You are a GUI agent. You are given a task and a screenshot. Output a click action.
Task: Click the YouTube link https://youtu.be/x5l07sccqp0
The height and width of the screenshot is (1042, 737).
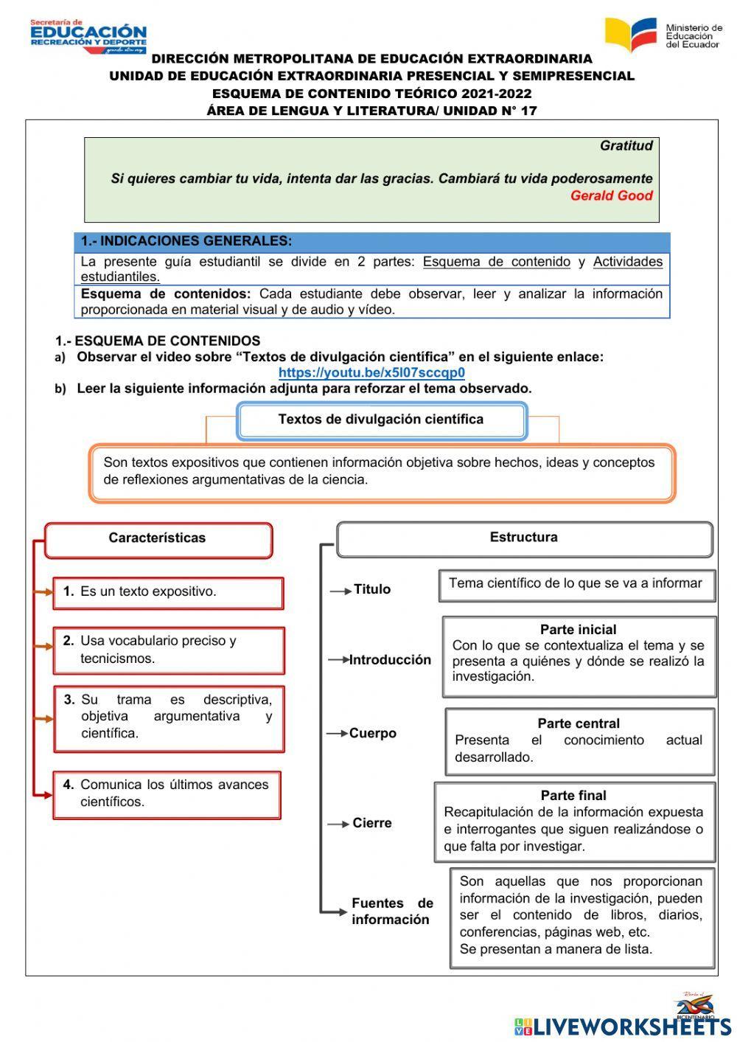[371, 372]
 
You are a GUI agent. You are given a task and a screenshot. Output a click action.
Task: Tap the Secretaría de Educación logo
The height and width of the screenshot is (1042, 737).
[88, 37]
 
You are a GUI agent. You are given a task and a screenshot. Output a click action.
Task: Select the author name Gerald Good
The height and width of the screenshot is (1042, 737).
[611, 195]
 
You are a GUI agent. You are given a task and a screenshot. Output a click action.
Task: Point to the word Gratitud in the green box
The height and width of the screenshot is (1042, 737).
[626, 145]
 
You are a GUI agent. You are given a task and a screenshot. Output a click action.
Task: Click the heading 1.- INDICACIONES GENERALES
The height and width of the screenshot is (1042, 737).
[186, 241]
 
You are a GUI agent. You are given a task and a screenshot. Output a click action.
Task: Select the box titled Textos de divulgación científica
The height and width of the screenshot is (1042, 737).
[381, 420]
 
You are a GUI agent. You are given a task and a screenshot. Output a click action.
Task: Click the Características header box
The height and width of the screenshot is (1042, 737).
[158, 538]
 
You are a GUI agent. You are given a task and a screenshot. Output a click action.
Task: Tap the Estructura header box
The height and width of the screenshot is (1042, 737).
[523, 538]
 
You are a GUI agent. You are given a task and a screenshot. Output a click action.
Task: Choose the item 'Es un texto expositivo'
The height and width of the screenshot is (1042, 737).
[148, 591]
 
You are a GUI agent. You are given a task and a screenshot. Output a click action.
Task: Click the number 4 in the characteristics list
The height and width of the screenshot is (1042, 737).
[69, 785]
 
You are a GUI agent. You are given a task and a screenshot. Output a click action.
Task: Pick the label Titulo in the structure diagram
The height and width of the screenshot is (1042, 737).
[372, 589]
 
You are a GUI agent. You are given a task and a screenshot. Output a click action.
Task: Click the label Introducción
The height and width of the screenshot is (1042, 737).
[390, 660]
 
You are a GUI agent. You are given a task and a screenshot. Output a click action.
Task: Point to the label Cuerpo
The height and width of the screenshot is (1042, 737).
[373, 733]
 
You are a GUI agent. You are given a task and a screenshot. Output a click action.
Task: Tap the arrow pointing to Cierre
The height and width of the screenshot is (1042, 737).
[338, 824]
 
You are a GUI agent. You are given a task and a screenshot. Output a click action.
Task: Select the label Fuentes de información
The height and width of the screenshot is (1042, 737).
[391, 911]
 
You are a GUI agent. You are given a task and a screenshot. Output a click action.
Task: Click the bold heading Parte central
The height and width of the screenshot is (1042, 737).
[578, 723]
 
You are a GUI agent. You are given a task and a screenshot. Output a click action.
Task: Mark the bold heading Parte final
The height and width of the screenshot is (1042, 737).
[573, 796]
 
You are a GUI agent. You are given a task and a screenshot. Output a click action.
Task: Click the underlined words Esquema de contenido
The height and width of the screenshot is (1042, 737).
[496, 262]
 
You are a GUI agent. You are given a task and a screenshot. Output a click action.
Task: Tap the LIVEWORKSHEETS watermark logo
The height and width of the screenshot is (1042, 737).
[623, 1025]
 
